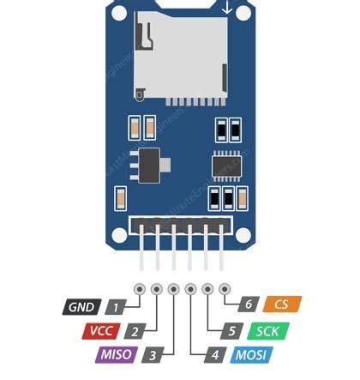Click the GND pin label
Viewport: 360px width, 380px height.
tap(81, 307)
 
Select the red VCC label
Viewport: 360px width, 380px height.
tap(99, 330)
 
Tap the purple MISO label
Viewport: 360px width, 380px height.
tap(116, 353)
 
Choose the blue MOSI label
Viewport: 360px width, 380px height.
tap(251, 353)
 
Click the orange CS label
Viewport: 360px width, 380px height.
tap(283, 305)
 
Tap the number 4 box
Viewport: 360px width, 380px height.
tap(216, 353)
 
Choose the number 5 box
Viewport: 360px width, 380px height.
tap(232, 330)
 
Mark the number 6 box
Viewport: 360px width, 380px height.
tap(249, 305)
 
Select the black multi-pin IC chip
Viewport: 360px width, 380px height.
tap(227, 163)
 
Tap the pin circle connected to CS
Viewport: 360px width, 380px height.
tap(225, 289)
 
